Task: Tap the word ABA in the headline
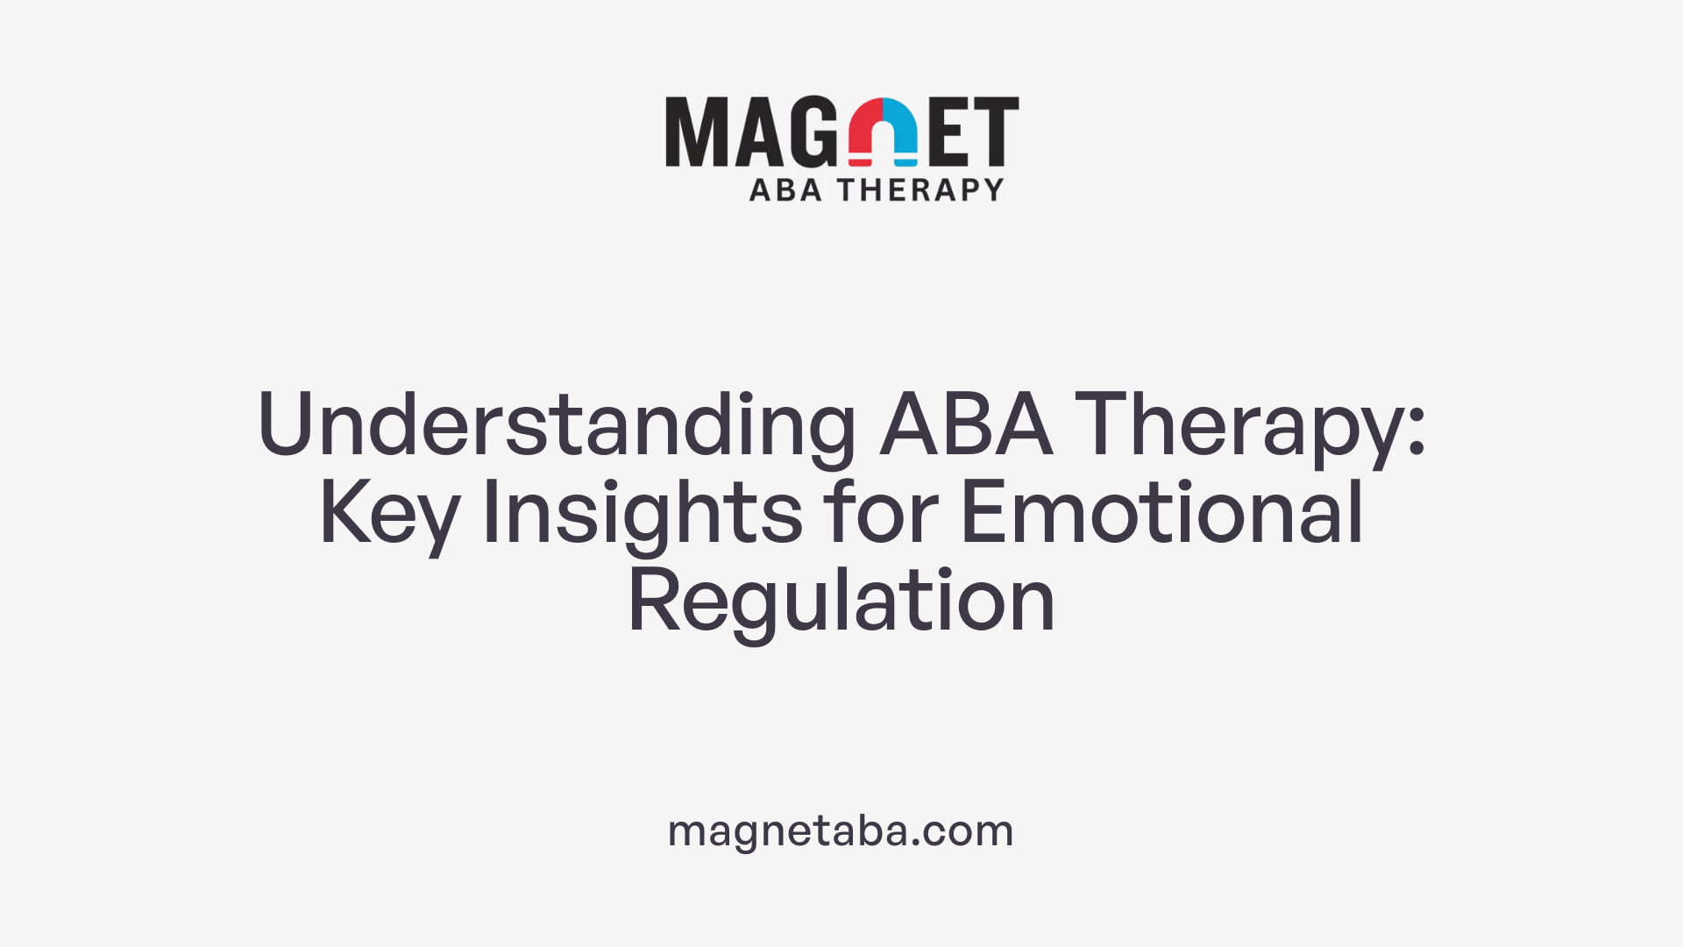[966, 425]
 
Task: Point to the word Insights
[642, 515]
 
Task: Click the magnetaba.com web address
[841, 830]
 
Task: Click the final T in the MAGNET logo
[997, 132]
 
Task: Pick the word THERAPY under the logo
[920, 190]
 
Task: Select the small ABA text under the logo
[785, 190]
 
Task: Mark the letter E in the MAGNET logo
[949, 132]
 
